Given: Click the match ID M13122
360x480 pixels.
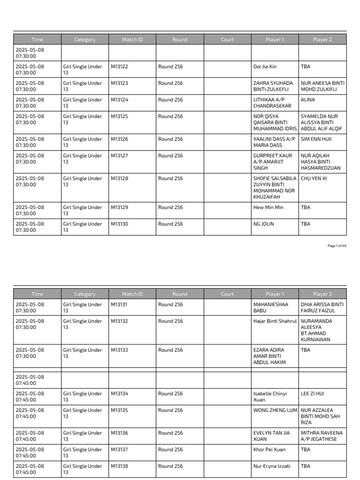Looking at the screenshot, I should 119,67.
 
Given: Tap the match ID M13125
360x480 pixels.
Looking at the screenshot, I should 119,116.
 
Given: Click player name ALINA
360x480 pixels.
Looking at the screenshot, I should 308,100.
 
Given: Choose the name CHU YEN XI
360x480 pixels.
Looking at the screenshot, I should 314,179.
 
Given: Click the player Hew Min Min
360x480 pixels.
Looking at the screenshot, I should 268,207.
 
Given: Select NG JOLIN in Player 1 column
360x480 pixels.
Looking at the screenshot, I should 263,224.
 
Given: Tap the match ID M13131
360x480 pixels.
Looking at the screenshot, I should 119,305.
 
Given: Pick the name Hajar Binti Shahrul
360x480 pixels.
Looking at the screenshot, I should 275,321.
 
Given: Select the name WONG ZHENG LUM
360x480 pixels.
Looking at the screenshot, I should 275,410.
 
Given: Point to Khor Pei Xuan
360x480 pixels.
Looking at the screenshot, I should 269,450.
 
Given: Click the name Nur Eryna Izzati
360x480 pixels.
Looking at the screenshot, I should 271,466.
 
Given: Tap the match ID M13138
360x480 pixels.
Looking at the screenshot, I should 119,466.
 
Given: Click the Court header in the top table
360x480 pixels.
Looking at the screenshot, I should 227,40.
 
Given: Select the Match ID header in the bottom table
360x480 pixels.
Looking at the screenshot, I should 132,294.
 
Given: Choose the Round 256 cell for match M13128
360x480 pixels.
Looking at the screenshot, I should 171,179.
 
